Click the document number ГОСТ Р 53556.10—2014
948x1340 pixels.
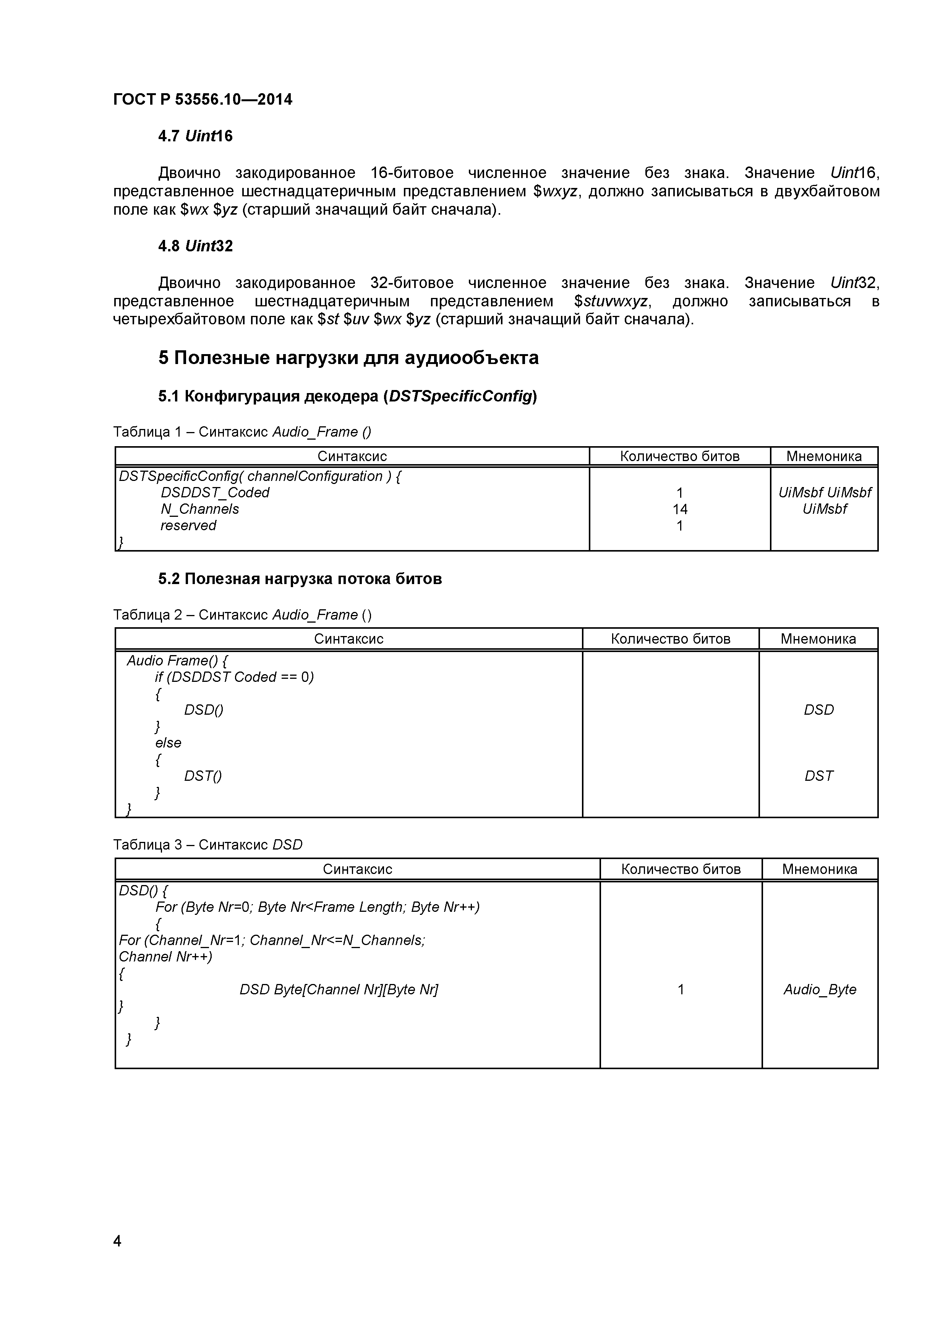pyautogui.click(x=203, y=100)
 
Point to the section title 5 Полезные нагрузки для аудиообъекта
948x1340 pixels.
pyautogui.click(x=348, y=358)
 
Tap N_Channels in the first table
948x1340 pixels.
pyautogui.click(x=199, y=509)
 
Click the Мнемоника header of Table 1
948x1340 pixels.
pyautogui.click(x=824, y=456)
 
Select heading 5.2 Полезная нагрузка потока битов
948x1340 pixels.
pyautogui.click(x=300, y=579)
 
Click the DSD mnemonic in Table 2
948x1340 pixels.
pyautogui.click(x=818, y=710)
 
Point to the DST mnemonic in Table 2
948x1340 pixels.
pyautogui.click(x=818, y=776)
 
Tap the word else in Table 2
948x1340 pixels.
pyautogui.click(x=168, y=743)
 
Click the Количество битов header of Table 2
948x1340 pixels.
pyautogui.click(x=670, y=639)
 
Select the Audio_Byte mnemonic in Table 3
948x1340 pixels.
pyautogui.click(x=820, y=989)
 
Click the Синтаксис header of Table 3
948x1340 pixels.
pyautogui.click(x=357, y=869)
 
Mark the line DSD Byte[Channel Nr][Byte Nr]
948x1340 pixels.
pyautogui.click(x=339, y=989)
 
